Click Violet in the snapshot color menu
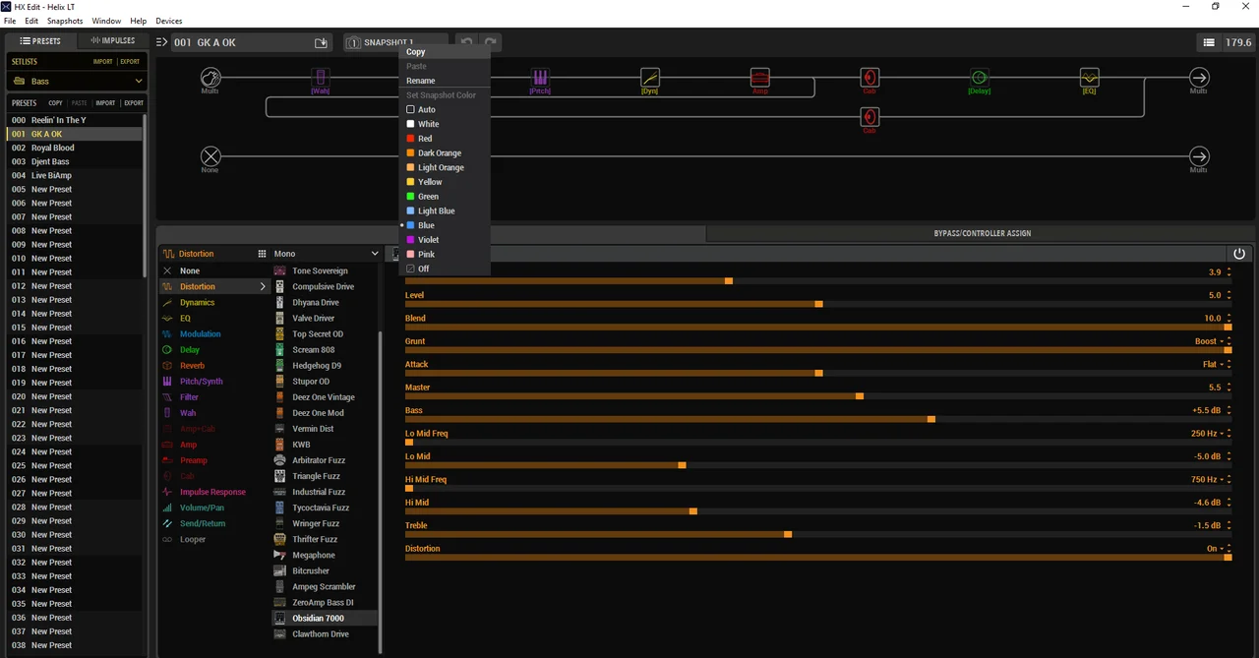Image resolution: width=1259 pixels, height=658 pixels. (428, 240)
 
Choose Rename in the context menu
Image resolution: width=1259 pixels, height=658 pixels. (420, 81)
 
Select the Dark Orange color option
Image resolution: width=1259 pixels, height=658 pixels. (439, 153)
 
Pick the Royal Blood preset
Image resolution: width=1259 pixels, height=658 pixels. (52, 148)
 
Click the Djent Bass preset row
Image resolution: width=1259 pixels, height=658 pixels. (50, 161)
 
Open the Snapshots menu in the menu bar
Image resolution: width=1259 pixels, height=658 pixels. (65, 21)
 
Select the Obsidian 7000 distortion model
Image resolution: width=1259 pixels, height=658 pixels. (318, 619)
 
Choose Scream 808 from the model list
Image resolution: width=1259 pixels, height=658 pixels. (313, 350)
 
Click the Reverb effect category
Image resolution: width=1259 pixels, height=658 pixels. (192, 366)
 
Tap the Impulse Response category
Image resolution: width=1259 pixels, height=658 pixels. (212, 492)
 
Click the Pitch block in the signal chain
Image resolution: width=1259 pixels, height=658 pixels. (540, 78)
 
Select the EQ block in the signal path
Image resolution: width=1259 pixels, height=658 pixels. (1089, 78)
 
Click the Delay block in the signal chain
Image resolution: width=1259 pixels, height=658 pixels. (979, 78)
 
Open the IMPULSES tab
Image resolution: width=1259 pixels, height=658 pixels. (112, 41)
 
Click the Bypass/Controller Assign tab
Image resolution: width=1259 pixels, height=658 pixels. (982, 233)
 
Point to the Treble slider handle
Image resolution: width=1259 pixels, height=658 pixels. (788, 534)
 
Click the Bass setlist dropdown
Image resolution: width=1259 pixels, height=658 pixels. (77, 81)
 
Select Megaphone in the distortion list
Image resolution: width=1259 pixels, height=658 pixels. (313, 556)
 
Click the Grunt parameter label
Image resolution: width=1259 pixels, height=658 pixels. (415, 341)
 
